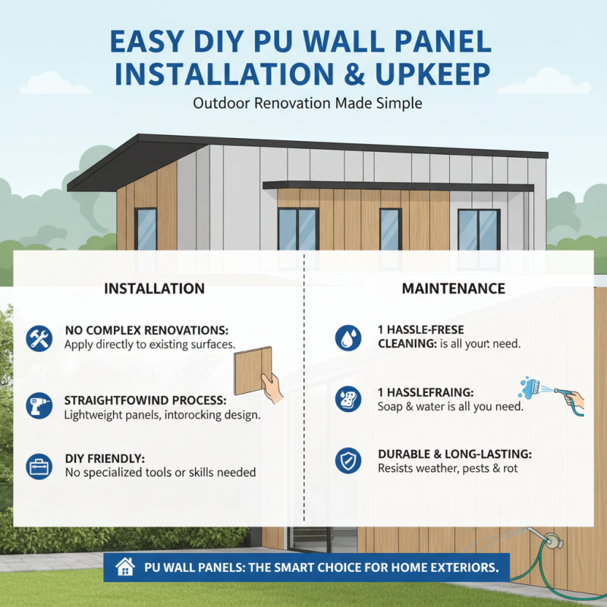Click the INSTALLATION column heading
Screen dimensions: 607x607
(154, 288)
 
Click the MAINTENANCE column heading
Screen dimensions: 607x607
(453, 288)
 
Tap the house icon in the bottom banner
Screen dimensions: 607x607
(124, 567)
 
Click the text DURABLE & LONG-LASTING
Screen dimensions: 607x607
(454, 454)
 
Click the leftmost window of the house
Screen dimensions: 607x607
(146, 228)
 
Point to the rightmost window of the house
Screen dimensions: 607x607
(479, 228)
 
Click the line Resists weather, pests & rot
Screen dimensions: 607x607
(448, 469)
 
